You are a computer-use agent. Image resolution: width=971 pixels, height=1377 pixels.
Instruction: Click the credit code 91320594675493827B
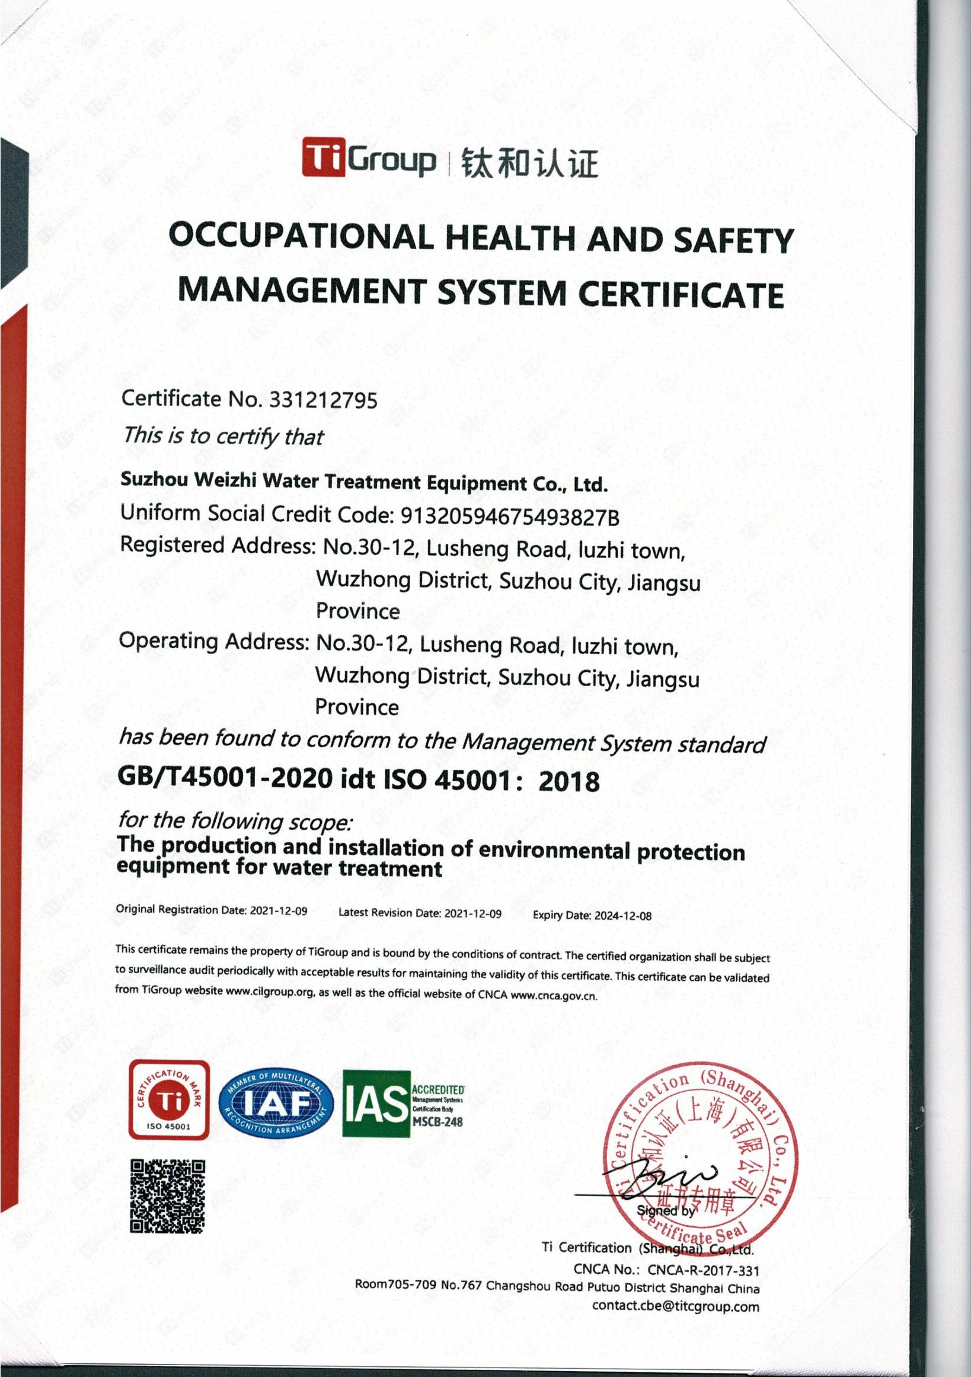(x=509, y=517)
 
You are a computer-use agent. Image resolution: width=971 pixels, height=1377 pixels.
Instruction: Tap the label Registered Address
(x=216, y=545)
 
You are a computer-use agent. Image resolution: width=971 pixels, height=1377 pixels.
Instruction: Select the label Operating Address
(x=213, y=641)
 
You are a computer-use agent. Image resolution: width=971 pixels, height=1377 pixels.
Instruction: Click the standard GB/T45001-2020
(x=225, y=778)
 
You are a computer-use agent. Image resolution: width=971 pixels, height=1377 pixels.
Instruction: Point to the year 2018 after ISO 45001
(x=569, y=782)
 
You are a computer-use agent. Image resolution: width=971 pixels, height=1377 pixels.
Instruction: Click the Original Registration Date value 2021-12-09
(x=278, y=911)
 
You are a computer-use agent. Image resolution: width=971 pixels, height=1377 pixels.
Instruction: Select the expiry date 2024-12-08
(x=623, y=916)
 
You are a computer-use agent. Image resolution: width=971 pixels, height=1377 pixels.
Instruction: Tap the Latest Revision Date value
(x=473, y=914)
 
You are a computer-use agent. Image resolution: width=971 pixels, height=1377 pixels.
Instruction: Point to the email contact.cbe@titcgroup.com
(x=675, y=1306)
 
